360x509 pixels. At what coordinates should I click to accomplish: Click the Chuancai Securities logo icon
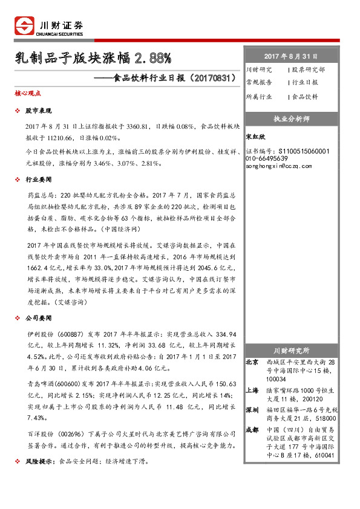point(24,25)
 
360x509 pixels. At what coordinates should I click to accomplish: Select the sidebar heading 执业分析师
point(292,118)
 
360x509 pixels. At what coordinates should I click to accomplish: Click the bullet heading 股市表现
point(39,112)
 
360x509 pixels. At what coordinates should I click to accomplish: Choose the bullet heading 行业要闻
point(39,180)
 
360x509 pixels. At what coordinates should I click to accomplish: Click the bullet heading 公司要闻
point(39,318)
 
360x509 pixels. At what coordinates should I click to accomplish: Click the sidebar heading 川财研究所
point(292,350)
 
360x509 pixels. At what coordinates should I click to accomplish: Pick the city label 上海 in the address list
point(252,391)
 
